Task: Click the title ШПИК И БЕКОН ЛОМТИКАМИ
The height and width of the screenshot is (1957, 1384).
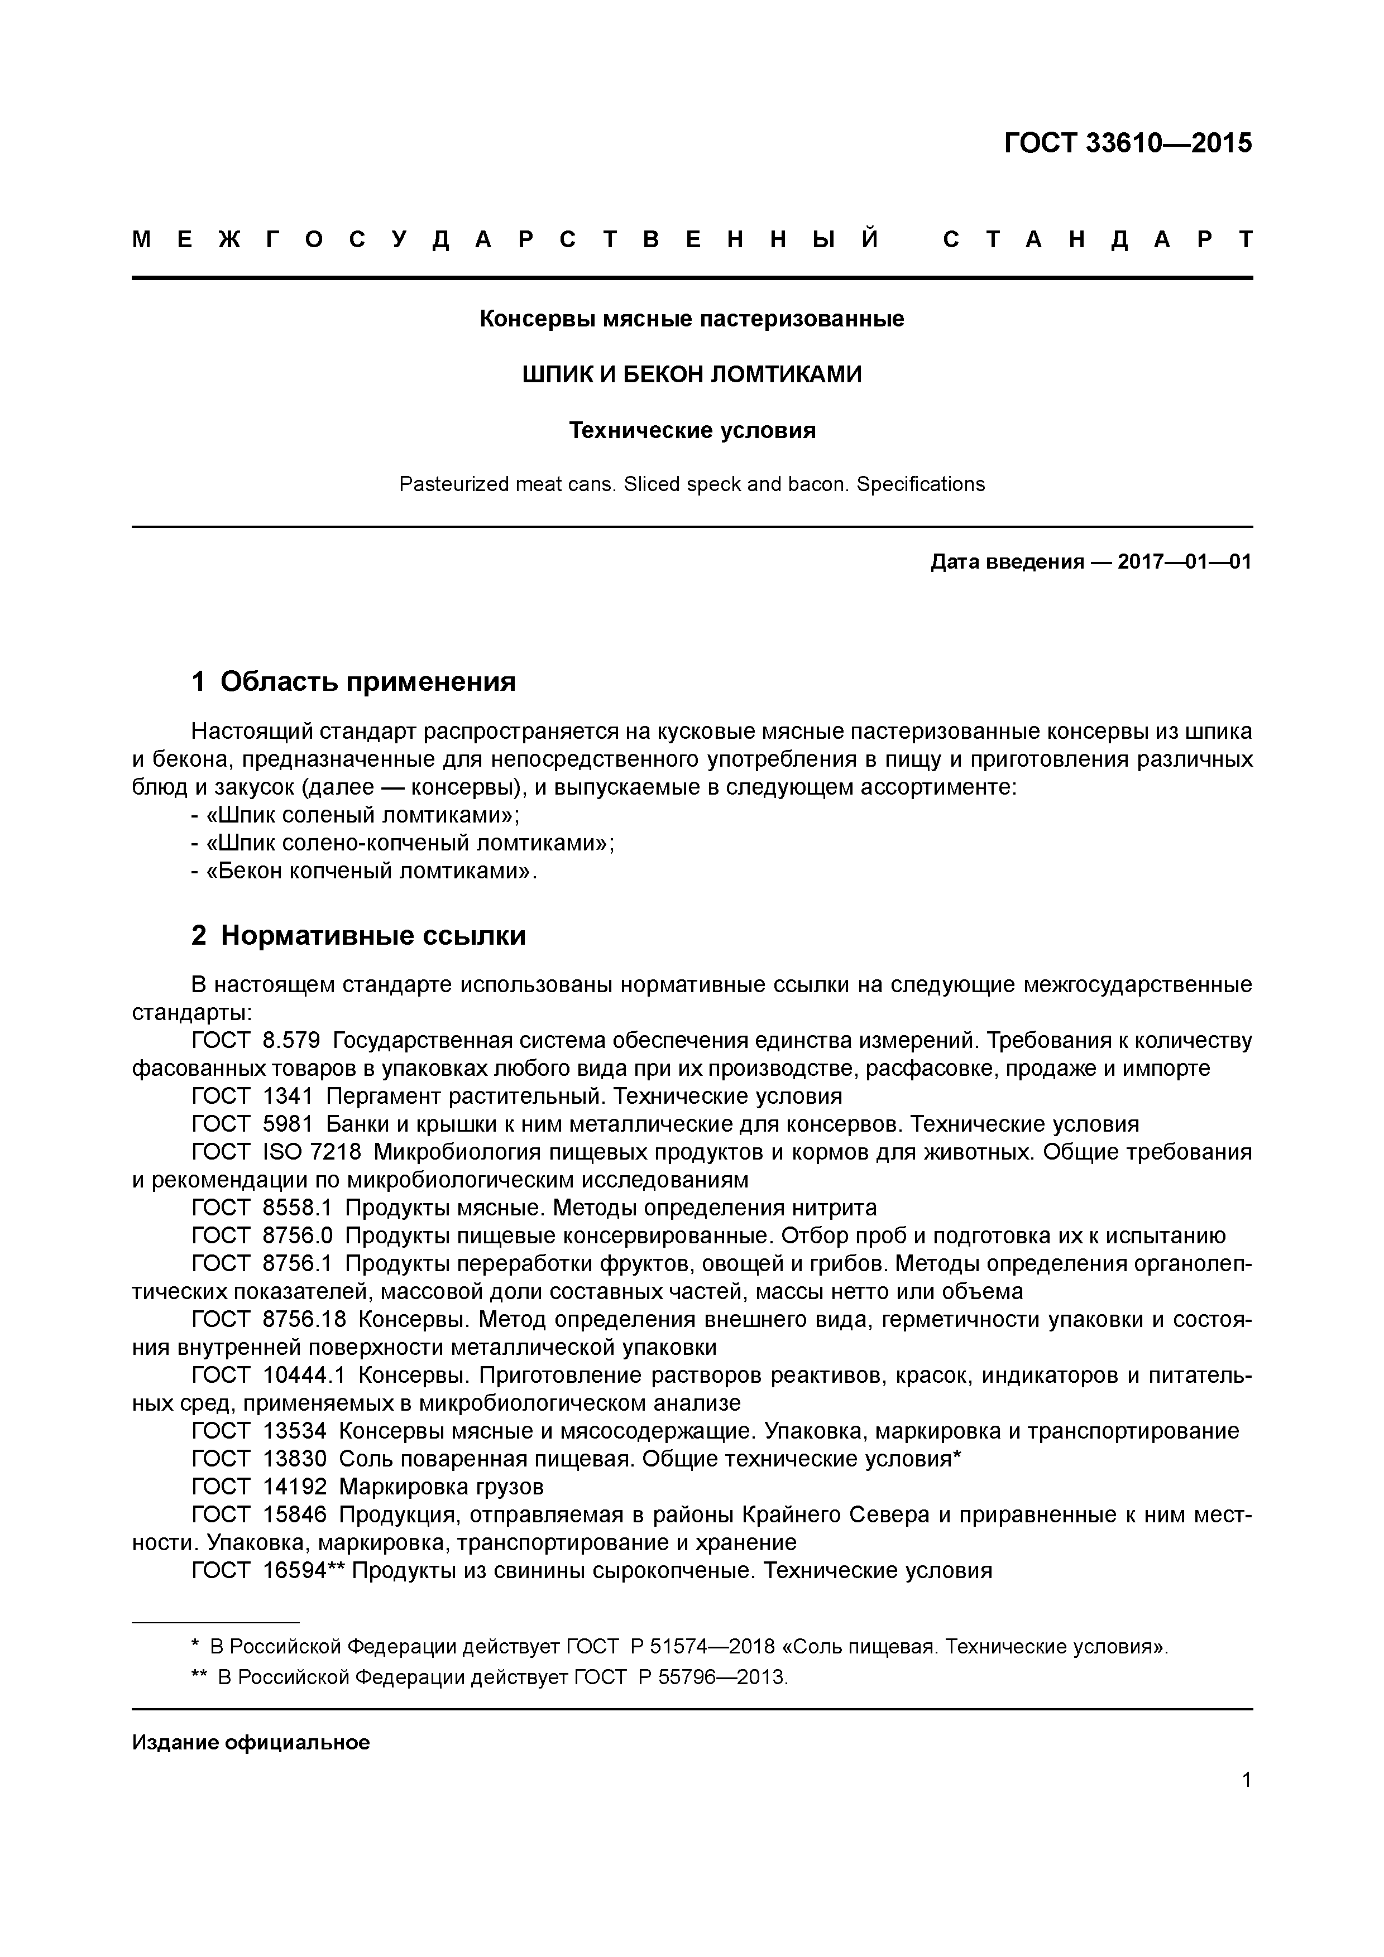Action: point(692,374)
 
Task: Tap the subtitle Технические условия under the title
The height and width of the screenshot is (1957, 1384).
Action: point(692,430)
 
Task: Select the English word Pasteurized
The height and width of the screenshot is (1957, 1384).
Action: point(453,485)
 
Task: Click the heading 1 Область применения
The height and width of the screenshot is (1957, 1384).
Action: point(354,682)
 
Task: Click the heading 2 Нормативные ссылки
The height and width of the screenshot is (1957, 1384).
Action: point(358,936)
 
